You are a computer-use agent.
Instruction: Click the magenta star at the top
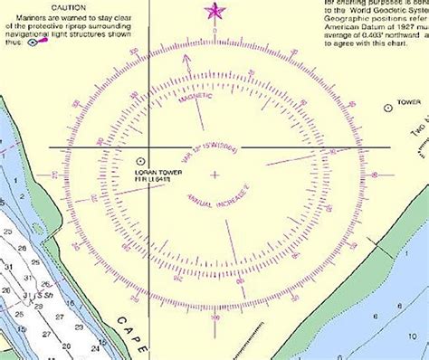tap(214, 11)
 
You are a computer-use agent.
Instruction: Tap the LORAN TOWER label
tap(158, 172)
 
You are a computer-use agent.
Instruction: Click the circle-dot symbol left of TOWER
tap(388, 107)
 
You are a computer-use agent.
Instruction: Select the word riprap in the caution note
tap(100, 29)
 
